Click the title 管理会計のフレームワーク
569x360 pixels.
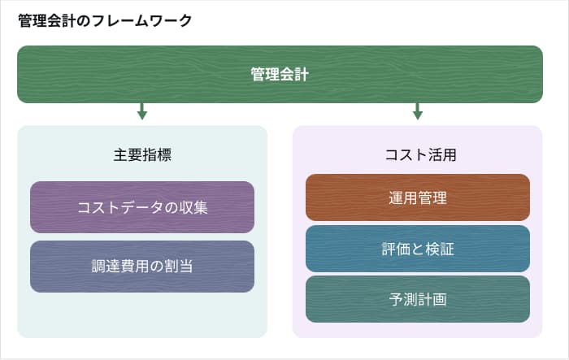click(x=105, y=21)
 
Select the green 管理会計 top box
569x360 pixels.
click(x=280, y=74)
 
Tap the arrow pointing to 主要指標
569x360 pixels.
click(x=142, y=111)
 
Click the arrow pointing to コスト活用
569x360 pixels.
click(x=418, y=111)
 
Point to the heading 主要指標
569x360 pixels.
click(x=142, y=154)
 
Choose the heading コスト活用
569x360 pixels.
click(x=417, y=154)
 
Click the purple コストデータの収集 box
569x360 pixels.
click(x=142, y=207)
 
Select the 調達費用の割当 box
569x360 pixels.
click(x=142, y=266)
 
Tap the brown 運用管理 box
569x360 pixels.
click(x=418, y=197)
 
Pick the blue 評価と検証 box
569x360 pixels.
click(x=418, y=249)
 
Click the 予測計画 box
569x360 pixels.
click(x=418, y=299)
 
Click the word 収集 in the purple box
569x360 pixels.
click(x=195, y=207)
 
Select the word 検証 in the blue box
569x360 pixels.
click(x=438, y=249)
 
